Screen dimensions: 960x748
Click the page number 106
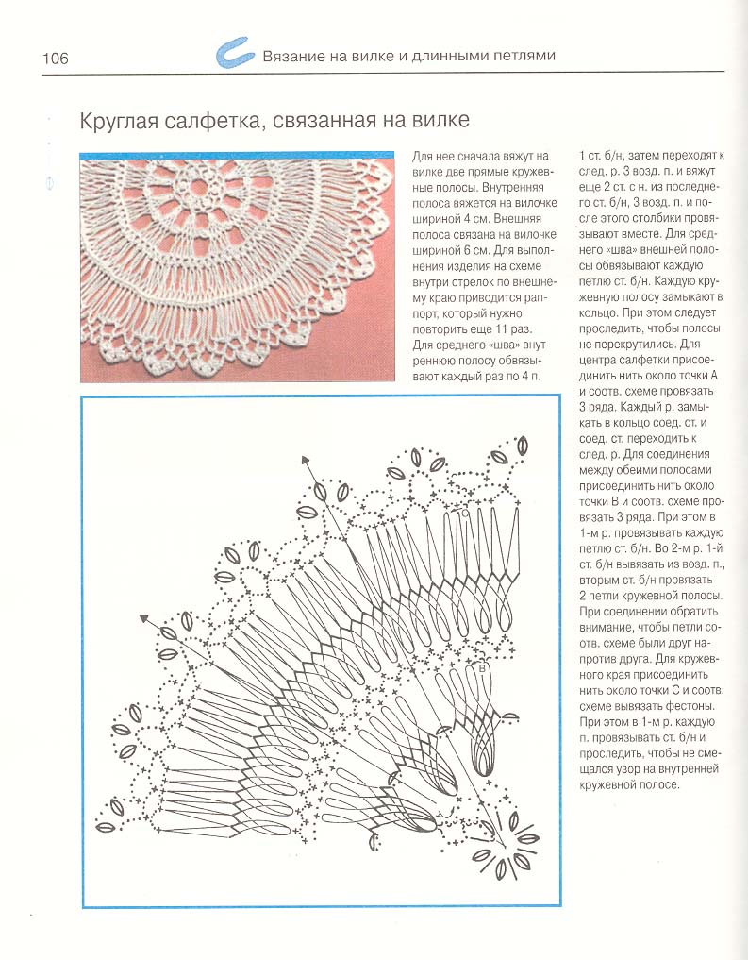point(55,59)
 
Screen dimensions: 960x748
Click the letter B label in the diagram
point(482,668)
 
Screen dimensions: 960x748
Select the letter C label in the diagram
point(465,514)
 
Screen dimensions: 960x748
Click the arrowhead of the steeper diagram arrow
point(306,460)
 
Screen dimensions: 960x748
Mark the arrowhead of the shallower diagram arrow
point(145,619)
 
